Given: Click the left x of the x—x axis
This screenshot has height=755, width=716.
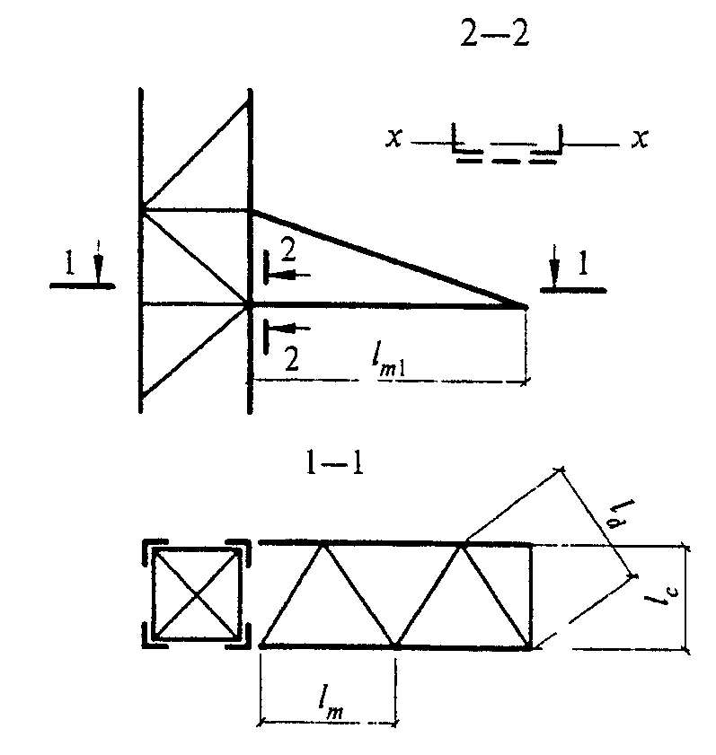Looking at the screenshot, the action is coord(393,140).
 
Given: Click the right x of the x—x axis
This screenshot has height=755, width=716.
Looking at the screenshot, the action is coord(639,140).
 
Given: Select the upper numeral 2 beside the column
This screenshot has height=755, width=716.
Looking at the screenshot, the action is coord(287,249).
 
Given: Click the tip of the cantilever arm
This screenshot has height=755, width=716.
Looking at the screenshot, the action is coord(525,306).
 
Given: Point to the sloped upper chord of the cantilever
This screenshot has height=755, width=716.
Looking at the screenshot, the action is coord(386,258).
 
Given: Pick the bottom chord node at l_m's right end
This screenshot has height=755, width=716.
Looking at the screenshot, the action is coord(396,645).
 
